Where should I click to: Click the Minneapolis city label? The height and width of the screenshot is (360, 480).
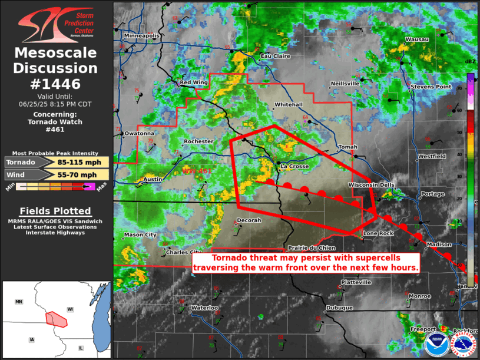point(142,35)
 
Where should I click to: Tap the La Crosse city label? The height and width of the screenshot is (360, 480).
point(294,166)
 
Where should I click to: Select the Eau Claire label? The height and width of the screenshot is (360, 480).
point(276,57)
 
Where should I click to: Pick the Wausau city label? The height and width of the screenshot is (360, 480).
point(416,39)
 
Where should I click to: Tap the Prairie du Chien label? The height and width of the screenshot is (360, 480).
point(311,247)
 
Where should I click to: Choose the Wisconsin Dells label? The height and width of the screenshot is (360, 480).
point(371,185)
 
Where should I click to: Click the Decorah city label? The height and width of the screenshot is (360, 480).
point(248,220)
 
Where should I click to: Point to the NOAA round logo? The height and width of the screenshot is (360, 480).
point(436,345)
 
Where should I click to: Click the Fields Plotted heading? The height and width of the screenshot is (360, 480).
point(55,211)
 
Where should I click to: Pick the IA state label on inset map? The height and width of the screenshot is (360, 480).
point(31,339)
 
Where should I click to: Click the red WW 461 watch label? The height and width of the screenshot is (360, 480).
point(196,171)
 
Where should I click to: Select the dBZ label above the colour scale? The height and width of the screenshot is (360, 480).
point(470,61)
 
